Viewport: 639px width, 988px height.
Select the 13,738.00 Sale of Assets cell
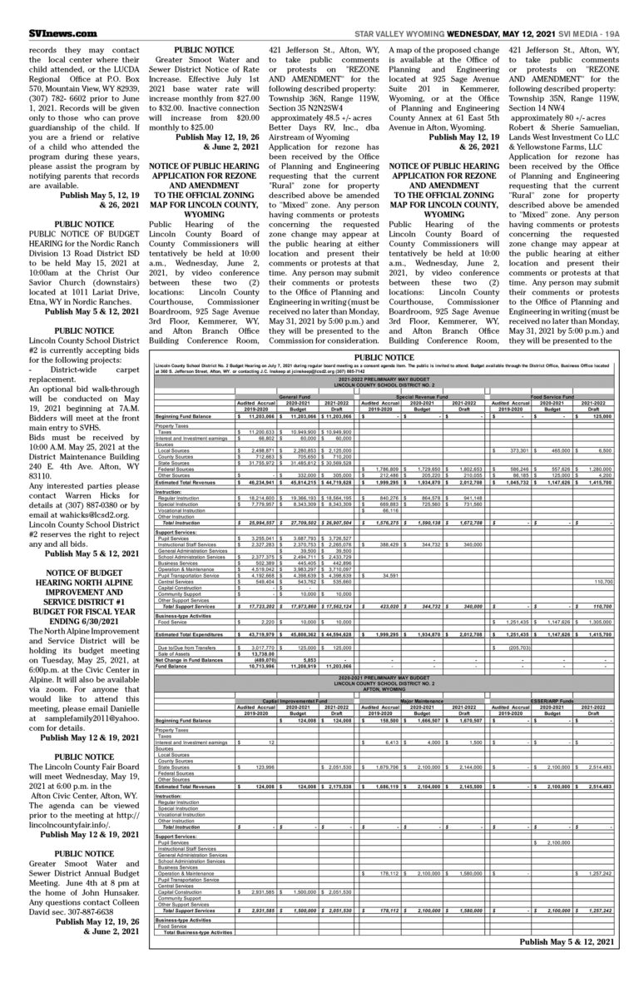(x=259, y=635)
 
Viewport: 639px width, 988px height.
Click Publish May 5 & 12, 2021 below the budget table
(x=566, y=941)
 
